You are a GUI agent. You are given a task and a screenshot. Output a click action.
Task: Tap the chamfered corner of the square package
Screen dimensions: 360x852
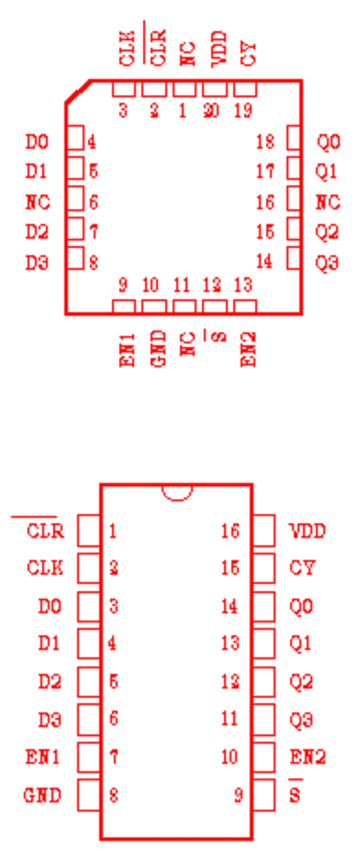pos(77,91)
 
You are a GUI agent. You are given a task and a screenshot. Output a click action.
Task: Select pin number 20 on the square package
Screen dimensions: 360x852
pos(211,111)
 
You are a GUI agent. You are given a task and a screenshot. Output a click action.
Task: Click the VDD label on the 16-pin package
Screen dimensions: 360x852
pos(307,530)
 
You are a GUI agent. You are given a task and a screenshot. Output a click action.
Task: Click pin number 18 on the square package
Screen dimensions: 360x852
pos(265,142)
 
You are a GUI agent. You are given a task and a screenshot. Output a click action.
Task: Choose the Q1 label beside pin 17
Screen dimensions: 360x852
pos(327,172)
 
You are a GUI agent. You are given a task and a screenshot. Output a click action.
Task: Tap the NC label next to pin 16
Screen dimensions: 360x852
pos(328,202)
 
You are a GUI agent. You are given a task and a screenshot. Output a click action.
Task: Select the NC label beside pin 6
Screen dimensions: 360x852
pos(38,202)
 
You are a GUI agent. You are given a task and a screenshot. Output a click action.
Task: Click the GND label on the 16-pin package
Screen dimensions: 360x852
pos(42,795)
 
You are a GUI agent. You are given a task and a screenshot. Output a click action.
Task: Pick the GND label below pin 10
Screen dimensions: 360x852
pos(158,348)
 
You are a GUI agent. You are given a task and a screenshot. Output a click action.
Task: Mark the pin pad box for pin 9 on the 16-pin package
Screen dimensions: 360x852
pos(264,795)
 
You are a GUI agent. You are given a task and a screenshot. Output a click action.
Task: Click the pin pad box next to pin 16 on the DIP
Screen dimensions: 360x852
pos(264,530)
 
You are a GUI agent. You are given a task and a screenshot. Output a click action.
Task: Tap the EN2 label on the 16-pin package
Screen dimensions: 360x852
pos(308,757)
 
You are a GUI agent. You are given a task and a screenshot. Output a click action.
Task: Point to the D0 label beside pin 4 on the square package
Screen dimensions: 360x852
pos(37,142)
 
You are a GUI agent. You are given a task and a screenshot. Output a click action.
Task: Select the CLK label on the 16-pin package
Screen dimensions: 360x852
pos(45,568)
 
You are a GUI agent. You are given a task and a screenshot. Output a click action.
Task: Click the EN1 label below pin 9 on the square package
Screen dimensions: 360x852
pos(127,348)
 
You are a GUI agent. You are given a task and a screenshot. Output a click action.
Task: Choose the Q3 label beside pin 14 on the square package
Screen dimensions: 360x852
pos(328,263)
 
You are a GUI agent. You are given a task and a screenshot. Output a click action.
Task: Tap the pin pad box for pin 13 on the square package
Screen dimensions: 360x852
pos(246,306)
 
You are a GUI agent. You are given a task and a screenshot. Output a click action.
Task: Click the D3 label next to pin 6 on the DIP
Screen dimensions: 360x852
pos(49,720)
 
